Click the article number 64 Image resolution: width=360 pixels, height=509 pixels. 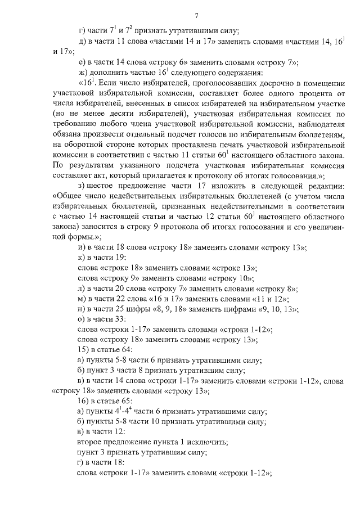click(x=125, y=350)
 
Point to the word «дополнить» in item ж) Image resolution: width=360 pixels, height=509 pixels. click(x=107, y=73)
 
